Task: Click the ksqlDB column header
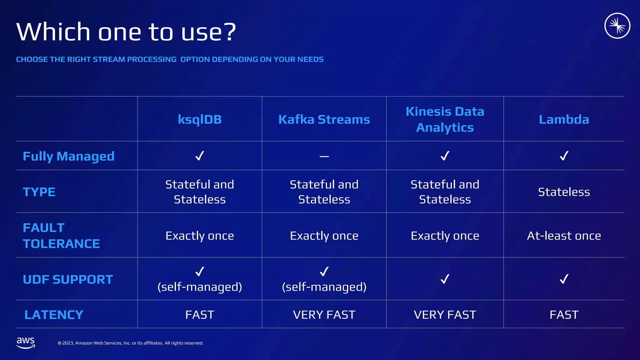click(x=200, y=119)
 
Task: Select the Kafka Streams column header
click(x=324, y=119)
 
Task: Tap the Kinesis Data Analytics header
click(x=445, y=119)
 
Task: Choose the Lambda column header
click(x=564, y=119)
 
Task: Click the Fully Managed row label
click(x=69, y=156)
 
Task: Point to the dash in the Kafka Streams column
click(x=324, y=156)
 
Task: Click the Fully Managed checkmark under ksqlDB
click(x=200, y=156)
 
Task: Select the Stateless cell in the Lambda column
click(x=564, y=192)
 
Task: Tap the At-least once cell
click(x=564, y=236)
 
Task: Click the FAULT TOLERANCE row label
click(x=61, y=236)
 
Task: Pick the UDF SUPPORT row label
click(x=68, y=279)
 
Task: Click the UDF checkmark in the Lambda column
click(x=564, y=279)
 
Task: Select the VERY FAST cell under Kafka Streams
click(x=324, y=315)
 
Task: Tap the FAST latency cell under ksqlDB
click(x=200, y=315)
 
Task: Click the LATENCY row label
click(x=54, y=315)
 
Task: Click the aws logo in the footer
click(x=26, y=342)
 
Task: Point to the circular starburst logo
click(x=617, y=26)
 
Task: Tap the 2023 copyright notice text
click(x=131, y=343)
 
